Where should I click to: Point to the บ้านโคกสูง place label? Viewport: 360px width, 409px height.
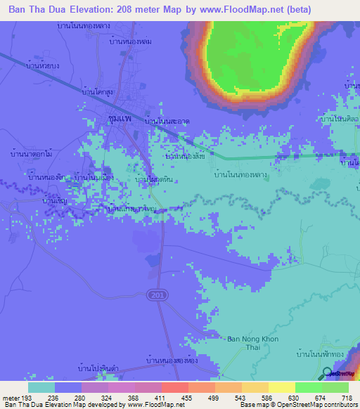click(99, 91)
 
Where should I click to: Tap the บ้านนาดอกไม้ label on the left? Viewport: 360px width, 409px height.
click(31, 152)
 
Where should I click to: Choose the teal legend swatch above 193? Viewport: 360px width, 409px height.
click(41, 387)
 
